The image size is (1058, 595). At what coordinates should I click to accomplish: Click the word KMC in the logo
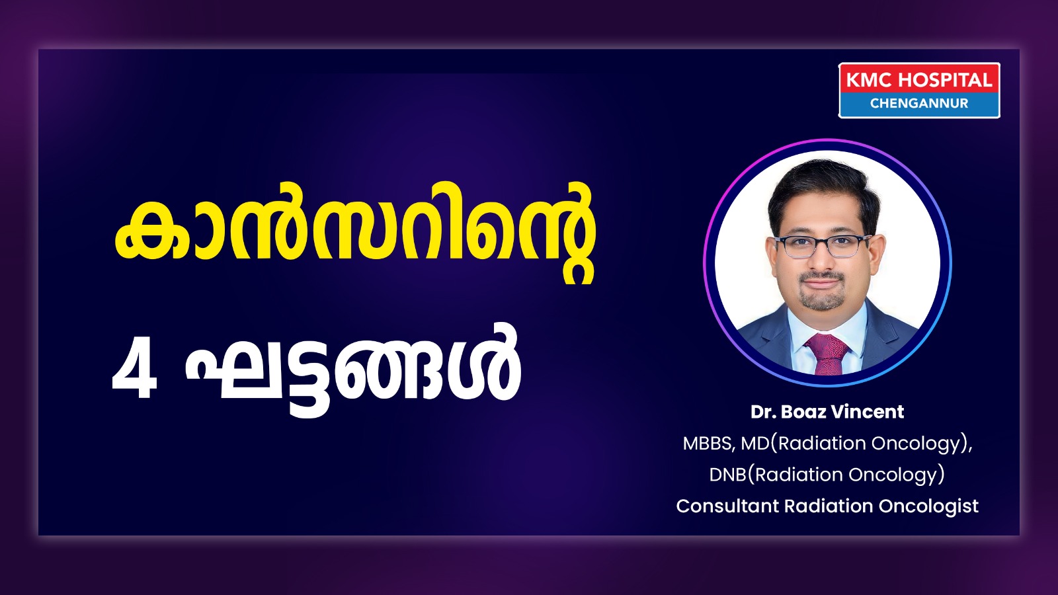869,80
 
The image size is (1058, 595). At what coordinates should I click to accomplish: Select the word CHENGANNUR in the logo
919,103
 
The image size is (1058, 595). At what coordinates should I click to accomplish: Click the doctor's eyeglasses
823,246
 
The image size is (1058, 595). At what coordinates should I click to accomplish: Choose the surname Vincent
867,412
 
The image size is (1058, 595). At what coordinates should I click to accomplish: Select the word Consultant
727,506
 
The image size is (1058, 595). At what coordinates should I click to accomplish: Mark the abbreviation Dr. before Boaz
764,412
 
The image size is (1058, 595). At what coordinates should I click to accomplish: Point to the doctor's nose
823,257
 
